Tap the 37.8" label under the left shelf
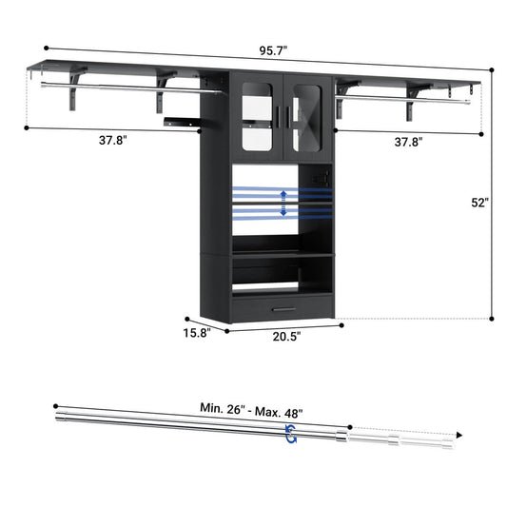(111, 141)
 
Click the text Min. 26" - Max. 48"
(251, 413)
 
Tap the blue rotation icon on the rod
(289, 434)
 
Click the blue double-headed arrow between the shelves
(283, 203)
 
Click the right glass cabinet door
(306, 108)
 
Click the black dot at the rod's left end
(54, 401)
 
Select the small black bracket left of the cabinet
(181, 120)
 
